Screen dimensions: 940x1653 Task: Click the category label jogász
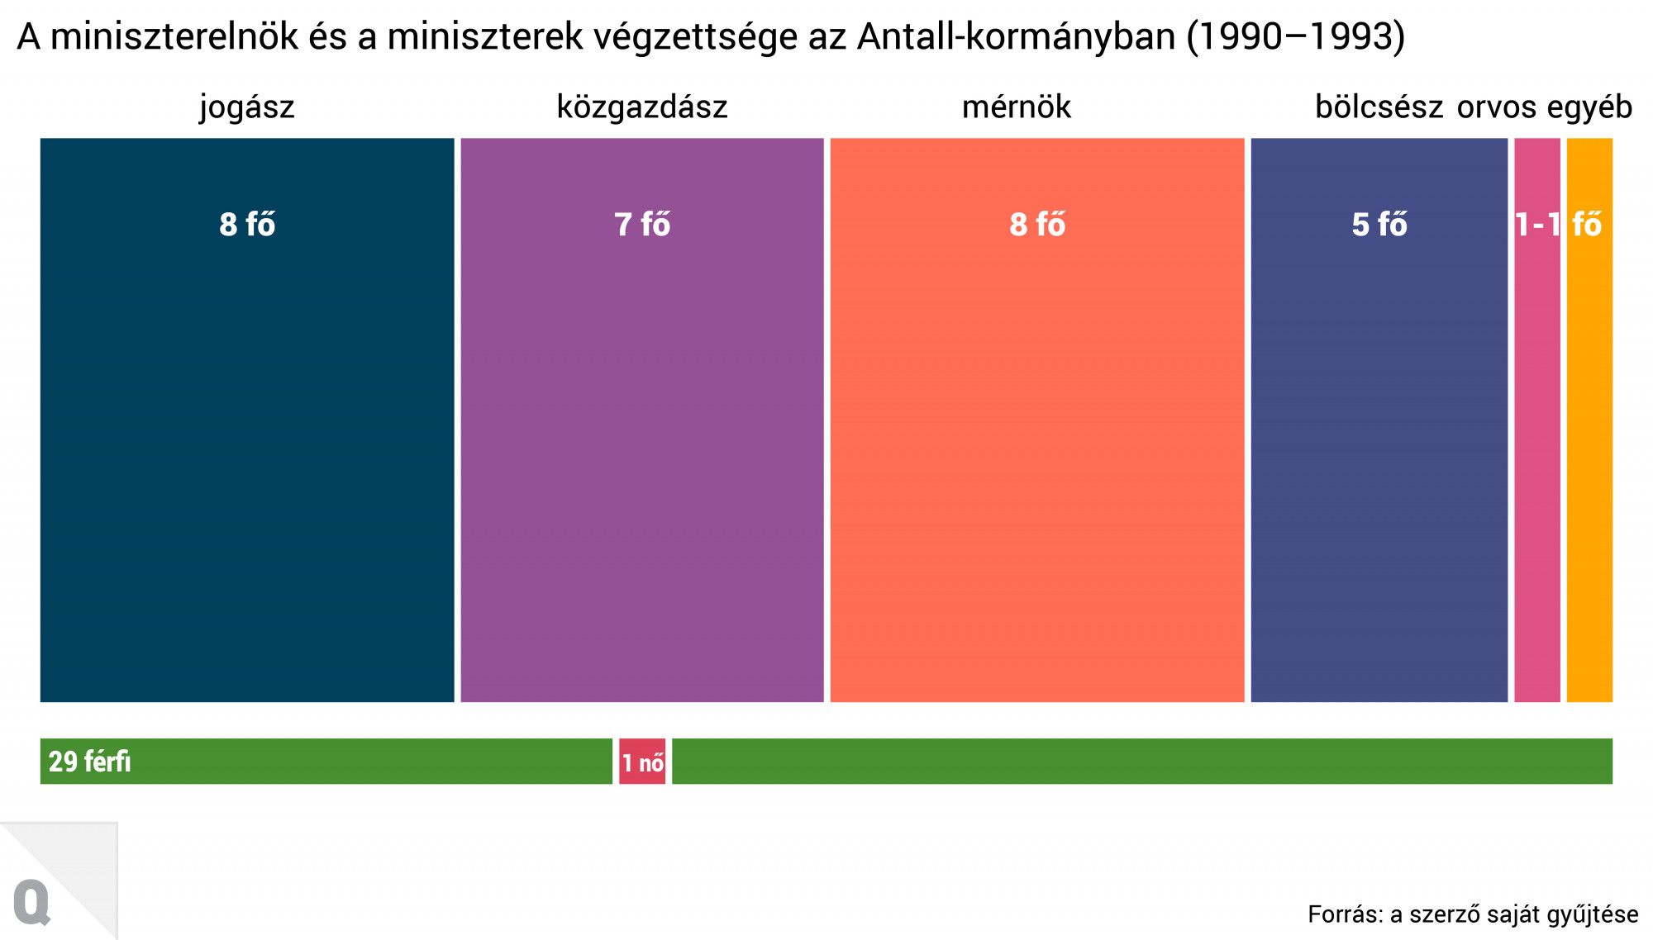pyautogui.click(x=247, y=107)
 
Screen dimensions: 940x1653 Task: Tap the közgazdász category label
pyautogui.click(x=642, y=107)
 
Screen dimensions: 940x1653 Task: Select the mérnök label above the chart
pyautogui.click(x=1016, y=107)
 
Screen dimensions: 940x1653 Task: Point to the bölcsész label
pyautogui.click(x=1379, y=107)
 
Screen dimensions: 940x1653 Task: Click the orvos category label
pyautogui.click(x=1496, y=107)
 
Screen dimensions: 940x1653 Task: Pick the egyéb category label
pyautogui.click(x=1589, y=107)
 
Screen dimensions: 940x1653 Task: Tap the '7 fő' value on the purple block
pyautogui.click(x=642, y=225)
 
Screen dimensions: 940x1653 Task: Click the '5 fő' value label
pyautogui.click(x=1379, y=225)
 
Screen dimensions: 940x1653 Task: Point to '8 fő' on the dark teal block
pyautogui.click(x=247, y=225)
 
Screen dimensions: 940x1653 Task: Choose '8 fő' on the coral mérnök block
pyautogui.click(x=1037, y=225)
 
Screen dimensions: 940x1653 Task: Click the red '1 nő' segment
pyautogui.click(x=642, y=762)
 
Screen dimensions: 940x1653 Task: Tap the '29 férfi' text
pyautogui.click(x=89, y=762)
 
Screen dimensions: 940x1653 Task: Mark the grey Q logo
pyautogui.click(x=32, y=903)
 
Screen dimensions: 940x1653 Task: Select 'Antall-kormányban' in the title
pyautogui.click(x=1016, y=37)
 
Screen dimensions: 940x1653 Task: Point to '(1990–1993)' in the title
pyautogui.click(x=1295, y=37)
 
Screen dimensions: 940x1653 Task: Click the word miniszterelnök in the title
pyautogui.click(x=174, y=37)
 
